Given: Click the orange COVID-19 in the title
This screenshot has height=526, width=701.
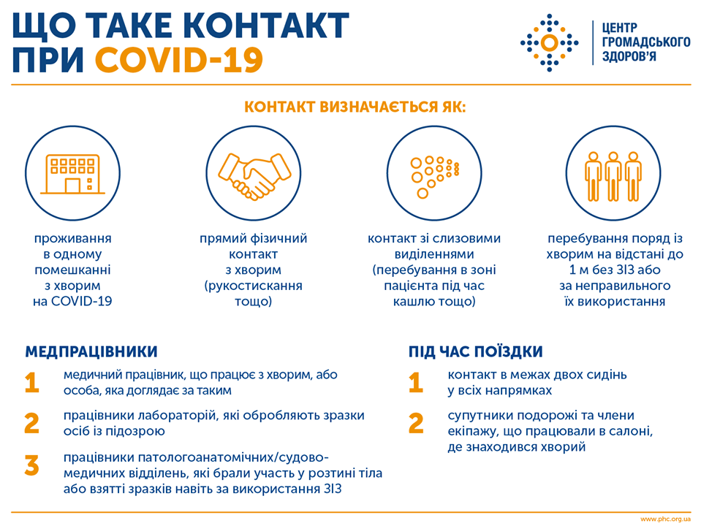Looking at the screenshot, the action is (179, 59).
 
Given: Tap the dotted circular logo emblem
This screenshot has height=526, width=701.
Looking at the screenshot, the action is (550, 43).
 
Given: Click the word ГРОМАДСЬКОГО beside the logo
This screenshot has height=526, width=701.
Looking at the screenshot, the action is (646, 42).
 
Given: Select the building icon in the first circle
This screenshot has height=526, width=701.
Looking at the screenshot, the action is (73, 175).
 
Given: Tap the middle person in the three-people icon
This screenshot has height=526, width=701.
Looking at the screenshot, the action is (613, 176).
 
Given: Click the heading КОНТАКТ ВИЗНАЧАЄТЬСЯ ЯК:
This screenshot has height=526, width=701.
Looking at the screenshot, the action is (355, 107).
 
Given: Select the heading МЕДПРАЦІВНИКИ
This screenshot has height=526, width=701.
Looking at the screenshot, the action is (91, 351).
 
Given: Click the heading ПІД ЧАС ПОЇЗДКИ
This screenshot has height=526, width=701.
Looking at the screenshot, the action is (476, 351).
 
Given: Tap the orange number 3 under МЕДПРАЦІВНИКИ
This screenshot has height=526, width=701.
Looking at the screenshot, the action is (31, 465).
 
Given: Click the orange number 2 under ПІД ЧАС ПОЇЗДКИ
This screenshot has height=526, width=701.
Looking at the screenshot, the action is (416, 423).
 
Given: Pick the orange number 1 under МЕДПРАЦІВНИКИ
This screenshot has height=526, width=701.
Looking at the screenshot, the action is (31, 383).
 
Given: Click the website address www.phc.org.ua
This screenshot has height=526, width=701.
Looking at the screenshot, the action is (665, 519).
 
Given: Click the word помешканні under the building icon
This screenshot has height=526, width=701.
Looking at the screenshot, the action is (72, 270).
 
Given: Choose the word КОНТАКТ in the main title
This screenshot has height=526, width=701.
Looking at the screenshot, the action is (265, 25).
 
